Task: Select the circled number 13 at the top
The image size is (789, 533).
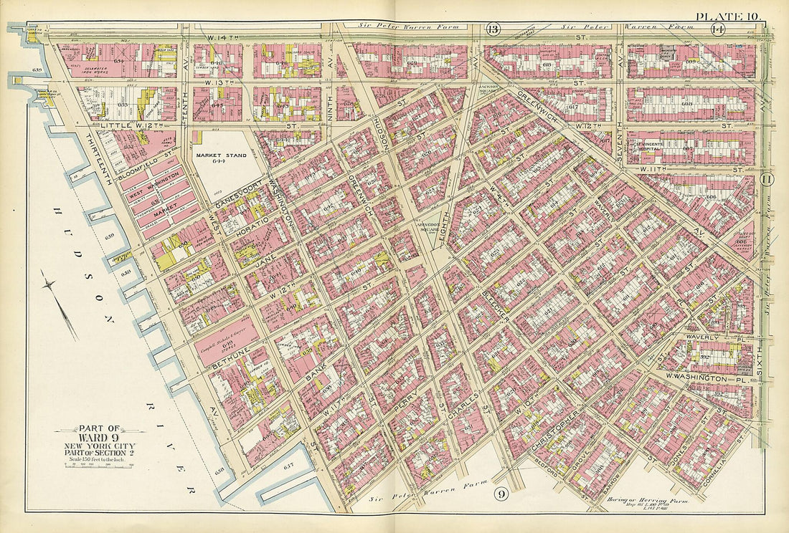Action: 492,29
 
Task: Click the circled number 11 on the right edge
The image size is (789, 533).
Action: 766,180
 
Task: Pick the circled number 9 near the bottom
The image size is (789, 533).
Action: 501,494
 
